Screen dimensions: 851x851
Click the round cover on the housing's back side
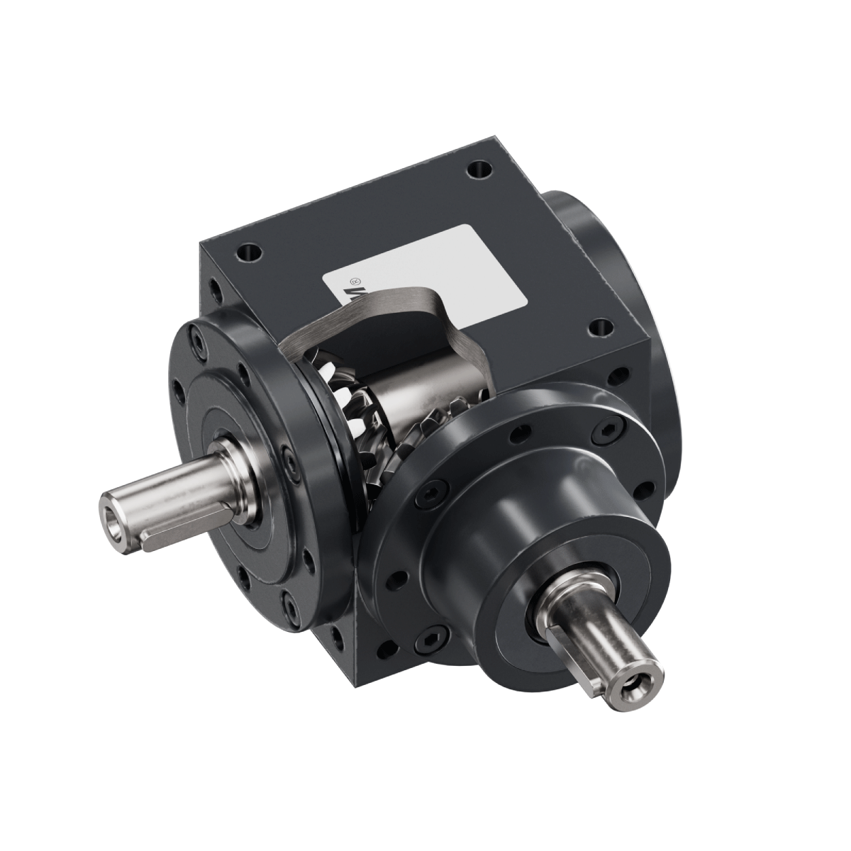click(x=603, y=234)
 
